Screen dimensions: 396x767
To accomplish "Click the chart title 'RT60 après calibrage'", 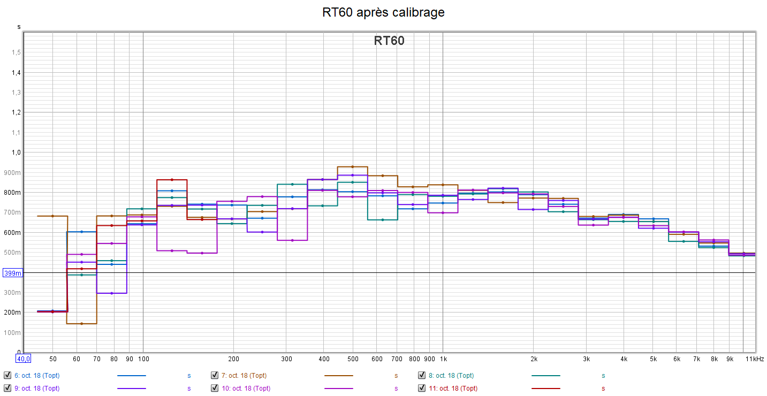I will (383, 12).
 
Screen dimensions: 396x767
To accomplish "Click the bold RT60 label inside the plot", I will (389, 41).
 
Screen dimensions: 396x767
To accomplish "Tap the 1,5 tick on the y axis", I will (17, 52).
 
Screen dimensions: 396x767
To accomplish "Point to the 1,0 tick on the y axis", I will (17, 153).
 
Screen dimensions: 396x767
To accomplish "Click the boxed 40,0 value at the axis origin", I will (23, 359).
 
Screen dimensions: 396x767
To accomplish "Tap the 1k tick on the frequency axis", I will (443, 359).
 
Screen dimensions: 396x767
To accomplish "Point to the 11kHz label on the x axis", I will (755, 359).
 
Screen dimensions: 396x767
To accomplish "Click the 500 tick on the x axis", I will (353, 359).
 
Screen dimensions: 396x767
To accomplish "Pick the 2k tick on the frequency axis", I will (534, 359).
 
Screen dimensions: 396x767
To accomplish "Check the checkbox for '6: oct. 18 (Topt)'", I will (7, 375).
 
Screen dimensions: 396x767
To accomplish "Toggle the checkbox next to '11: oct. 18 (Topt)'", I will (422, 388).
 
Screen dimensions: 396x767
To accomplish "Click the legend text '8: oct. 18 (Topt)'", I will (454, 376).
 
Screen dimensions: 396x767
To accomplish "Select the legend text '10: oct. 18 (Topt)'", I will (247, 389).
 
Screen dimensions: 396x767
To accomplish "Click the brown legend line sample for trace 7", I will (338, 376).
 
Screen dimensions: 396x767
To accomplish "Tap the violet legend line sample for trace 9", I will (131, 389).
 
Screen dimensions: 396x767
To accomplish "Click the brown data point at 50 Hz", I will (52, 216).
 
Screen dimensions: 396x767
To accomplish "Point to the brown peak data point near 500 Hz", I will (352, 167).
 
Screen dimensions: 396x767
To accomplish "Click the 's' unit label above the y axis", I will (19, 27).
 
